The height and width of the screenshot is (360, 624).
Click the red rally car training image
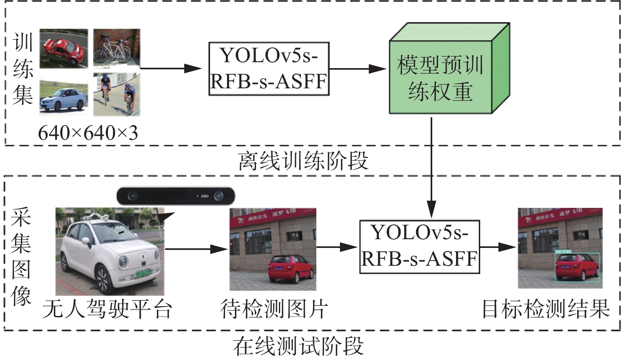point(63,48)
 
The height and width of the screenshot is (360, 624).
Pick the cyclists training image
point(116,94)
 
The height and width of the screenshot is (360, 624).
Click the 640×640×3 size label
point(88,133)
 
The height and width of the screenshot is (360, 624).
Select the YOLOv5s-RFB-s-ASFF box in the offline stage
point(269,69)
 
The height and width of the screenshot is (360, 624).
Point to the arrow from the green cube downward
point(431,166)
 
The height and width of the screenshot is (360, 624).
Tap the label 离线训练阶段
point(303,161)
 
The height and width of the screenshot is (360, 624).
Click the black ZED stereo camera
point(176,196)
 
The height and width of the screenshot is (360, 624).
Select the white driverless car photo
point(110,251)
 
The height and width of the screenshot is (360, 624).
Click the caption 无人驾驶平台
point(107,309)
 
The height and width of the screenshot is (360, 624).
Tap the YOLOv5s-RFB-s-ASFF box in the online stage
point(419,247)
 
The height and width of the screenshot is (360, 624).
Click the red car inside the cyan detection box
point(576,267)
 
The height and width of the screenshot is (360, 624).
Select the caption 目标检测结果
point(545,309)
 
